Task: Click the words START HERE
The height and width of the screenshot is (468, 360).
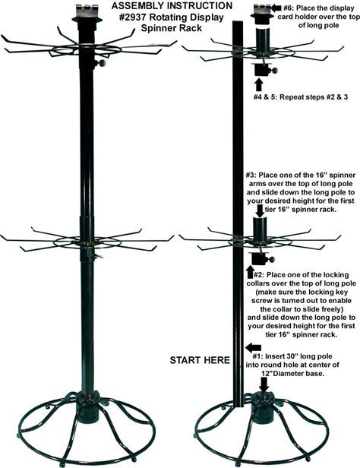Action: click(x=200, y=360)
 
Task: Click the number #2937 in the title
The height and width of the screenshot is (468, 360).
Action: click(x=132, y=17)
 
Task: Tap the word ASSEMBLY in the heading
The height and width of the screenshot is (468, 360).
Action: click(x=136, y=6)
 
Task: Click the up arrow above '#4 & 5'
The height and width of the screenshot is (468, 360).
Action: click(x=259, y=84)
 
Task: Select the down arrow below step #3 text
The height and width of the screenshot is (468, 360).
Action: click(x=260, y=211)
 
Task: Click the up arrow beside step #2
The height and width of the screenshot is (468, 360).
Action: click(x=250, y=273)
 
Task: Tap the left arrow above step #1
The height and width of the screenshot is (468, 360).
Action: click(x=253, y=347)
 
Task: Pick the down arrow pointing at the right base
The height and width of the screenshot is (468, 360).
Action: click(x=264, y=384)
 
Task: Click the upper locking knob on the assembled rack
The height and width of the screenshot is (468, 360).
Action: click(x=103, y=63)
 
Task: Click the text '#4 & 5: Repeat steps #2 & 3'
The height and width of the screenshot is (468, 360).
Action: click(x=300, y=96)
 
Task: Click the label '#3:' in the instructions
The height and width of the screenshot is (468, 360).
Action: click(x=251, y=175)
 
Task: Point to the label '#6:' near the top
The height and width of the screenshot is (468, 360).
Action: click(x=289, y=8)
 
